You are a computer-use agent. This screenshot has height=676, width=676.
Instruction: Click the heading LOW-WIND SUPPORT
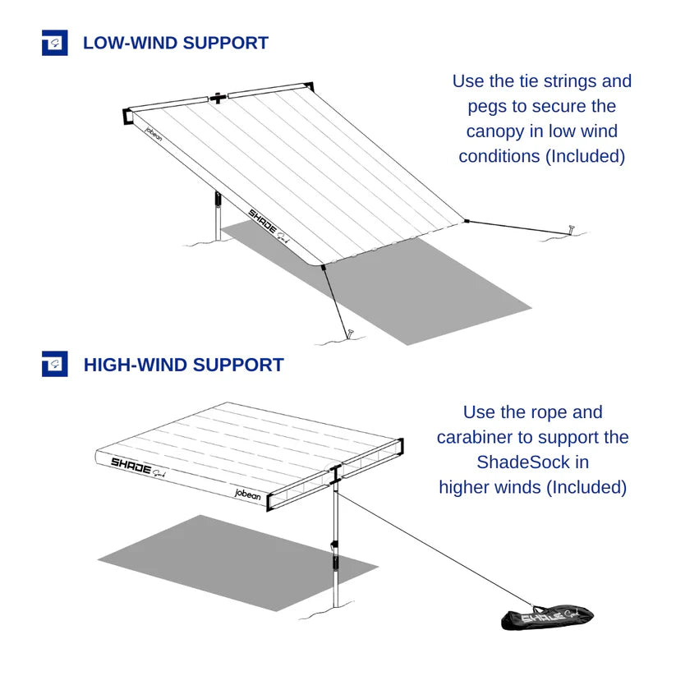coord(175,43)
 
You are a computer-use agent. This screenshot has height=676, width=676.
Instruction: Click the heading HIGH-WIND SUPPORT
coord(183,365)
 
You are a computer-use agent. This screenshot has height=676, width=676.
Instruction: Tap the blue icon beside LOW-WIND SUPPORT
coord(54,43)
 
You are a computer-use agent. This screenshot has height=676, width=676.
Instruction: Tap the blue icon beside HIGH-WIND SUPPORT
coord(54,365)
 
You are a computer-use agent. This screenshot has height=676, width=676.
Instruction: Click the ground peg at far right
coord(570,229)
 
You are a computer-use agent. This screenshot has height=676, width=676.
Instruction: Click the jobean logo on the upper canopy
coord(153,134)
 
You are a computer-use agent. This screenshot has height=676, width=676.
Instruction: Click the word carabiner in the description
coord(484,437)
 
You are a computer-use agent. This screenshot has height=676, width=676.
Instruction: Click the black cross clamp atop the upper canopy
coord(218,98)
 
